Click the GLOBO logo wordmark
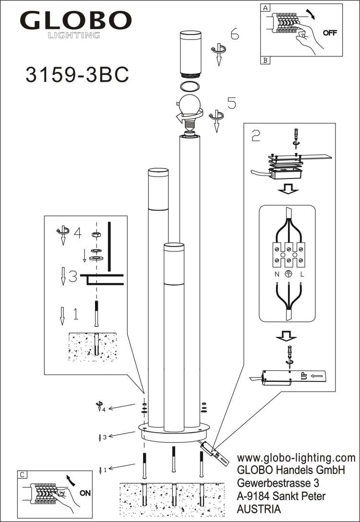(75, 21)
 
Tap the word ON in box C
(85, 493)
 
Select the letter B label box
(265, 60)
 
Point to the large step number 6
(234, 34)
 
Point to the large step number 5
(231, 103)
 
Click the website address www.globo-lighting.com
(296, 458)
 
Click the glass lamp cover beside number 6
(191, 54)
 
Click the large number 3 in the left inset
(72, 277)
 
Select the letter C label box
(22, 474)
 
